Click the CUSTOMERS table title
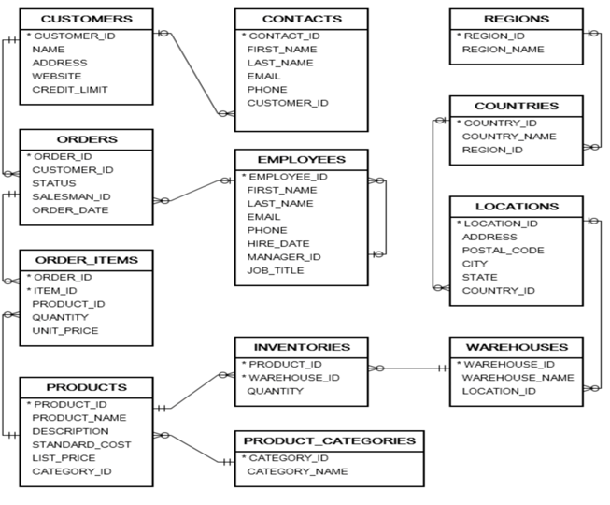[x=86, y=19]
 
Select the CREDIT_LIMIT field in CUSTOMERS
[x=69, y=90]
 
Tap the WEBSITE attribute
[x=59, y=76]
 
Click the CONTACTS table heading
[x=302, y=19]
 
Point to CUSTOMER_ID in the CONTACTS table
[x=287, y=103]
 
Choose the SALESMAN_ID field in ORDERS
[x=71, y=196]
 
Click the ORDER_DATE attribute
[x=70, y=210]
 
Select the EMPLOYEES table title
[x=302, y=160]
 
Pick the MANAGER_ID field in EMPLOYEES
[x=284, y=257]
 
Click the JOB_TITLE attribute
[x=276, y=270]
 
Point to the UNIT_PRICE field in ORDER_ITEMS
[x=64, y=331]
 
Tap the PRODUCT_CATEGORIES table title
[x=329, y=440]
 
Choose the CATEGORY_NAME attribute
[x=297, y=471]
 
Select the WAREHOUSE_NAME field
[x=518, y=377]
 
